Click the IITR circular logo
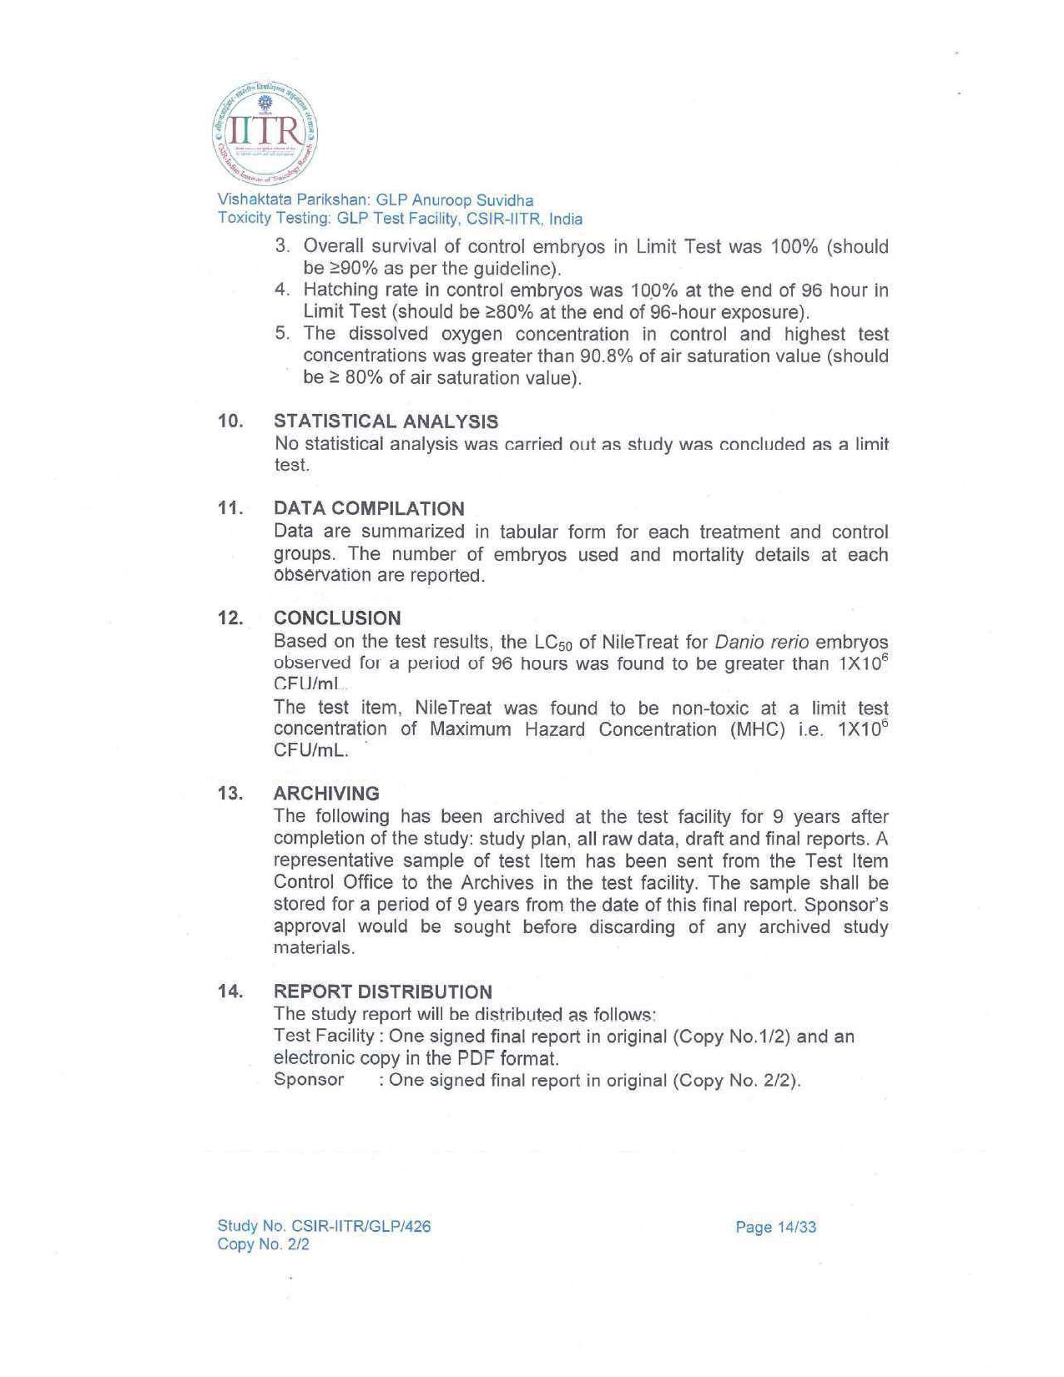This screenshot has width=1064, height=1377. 265,134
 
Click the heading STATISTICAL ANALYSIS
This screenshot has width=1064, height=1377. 386,421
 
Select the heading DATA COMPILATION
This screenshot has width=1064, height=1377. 369,508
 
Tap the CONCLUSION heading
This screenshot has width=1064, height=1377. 337,618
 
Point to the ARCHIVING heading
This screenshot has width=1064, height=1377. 326,793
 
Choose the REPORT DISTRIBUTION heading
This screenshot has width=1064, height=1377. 383,991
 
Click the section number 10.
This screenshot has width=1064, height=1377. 229,421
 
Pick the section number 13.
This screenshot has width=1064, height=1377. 229,793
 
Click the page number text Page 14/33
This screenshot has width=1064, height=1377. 775,1227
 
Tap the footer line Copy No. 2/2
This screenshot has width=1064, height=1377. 263,1244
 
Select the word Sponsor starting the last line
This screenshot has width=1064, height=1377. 309,1079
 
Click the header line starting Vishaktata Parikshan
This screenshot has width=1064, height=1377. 376,200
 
